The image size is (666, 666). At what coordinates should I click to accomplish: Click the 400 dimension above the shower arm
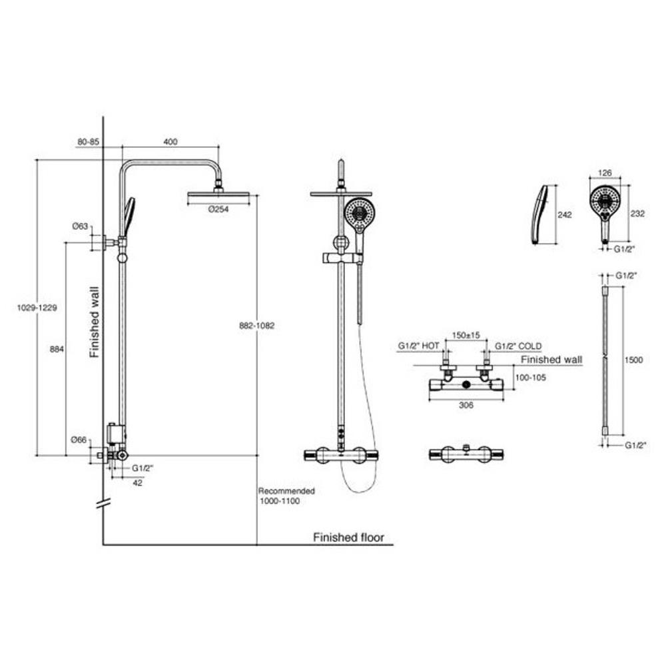click(x=170, y=141)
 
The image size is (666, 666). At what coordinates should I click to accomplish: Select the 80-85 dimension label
click(x=89, y=141)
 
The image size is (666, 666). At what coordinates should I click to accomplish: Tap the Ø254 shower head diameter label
click(x=219, y=208)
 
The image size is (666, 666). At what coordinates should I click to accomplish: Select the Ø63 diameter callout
click(x=80, y=227)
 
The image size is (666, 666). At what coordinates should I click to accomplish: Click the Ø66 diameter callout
click(x=80, y=440)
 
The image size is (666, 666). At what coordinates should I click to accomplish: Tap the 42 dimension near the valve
click(x=137, y=484)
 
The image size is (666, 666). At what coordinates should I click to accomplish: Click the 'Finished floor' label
click(x=348, y=537)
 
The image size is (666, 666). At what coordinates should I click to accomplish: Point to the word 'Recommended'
click(x=286, y=491)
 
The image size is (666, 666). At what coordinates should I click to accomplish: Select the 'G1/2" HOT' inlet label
click(x=418, y=346)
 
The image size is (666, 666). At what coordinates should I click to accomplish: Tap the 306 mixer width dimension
click(x=466, y=406)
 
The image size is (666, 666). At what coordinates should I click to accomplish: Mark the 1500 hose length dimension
click(x=635, y=360)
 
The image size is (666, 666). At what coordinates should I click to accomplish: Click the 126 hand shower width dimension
click(x=605, y=172)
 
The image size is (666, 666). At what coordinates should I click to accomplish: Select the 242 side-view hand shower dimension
click(x=564, y=215)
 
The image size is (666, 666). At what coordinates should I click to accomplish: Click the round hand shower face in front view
click(x=605, y=198)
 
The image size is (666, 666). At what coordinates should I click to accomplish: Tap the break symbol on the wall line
click(x=102, y=504)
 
